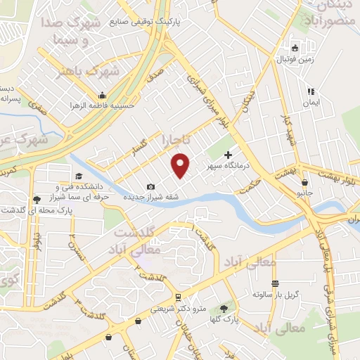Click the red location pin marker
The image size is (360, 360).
(x=181, y=165)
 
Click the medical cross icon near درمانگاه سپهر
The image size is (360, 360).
(x=228, y=154)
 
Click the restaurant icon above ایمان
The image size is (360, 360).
(x=310, y=91)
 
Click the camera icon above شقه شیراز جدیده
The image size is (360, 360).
(x=150, y=186)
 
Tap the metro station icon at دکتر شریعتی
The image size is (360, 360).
(x=179, y=297)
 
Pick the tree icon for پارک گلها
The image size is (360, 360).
(x=224, y=308)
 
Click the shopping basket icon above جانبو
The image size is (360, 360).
(x=304, y=181)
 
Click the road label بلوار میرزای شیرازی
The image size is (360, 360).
(x=210, y=98)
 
